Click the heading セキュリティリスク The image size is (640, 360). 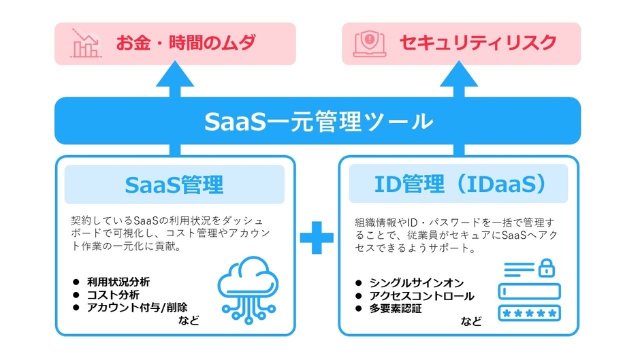point(477,44)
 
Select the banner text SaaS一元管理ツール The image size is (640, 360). point(318,122)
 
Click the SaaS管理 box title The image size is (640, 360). point(174,184)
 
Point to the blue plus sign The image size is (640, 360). point(317,238)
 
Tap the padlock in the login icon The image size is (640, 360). point(546,268)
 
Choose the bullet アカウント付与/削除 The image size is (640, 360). point(136,307)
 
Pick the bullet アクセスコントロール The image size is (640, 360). point(421,295)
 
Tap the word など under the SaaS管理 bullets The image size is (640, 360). point(187,320)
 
